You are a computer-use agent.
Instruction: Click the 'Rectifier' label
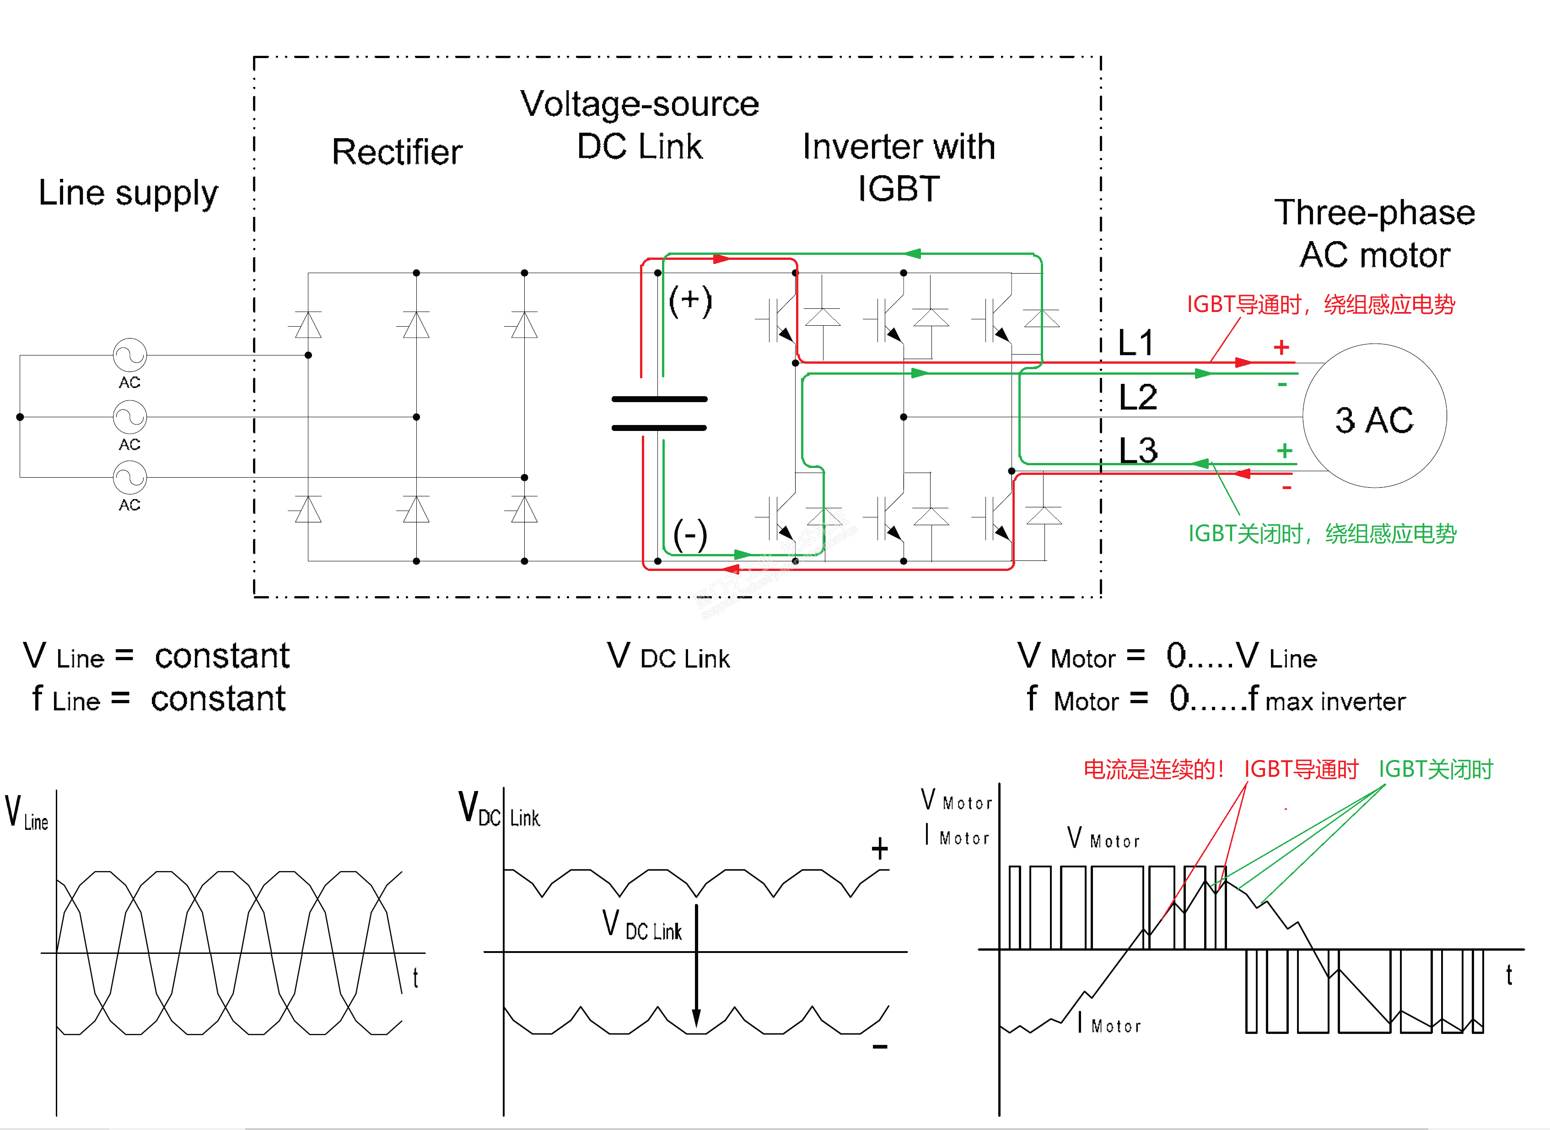tap(397, 152)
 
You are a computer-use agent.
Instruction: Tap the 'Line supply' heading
tap(128, 194)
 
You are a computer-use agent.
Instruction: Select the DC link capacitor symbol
tap(659, 413)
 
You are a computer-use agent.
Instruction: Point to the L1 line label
tap(1136, 342)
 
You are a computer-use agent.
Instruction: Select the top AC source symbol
tap(129, 355)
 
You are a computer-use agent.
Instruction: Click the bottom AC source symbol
tap(129, 478)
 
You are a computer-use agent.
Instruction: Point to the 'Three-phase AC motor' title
tap(1375, 233)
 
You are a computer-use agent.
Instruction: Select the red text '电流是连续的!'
tap(1153, 769)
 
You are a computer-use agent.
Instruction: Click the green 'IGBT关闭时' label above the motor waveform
tap(1435, 769)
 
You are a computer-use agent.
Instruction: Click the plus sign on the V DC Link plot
tap(880, 849)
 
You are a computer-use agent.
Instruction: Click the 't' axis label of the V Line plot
tap(415, 978)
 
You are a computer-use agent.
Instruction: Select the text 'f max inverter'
tap(1326, 700)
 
